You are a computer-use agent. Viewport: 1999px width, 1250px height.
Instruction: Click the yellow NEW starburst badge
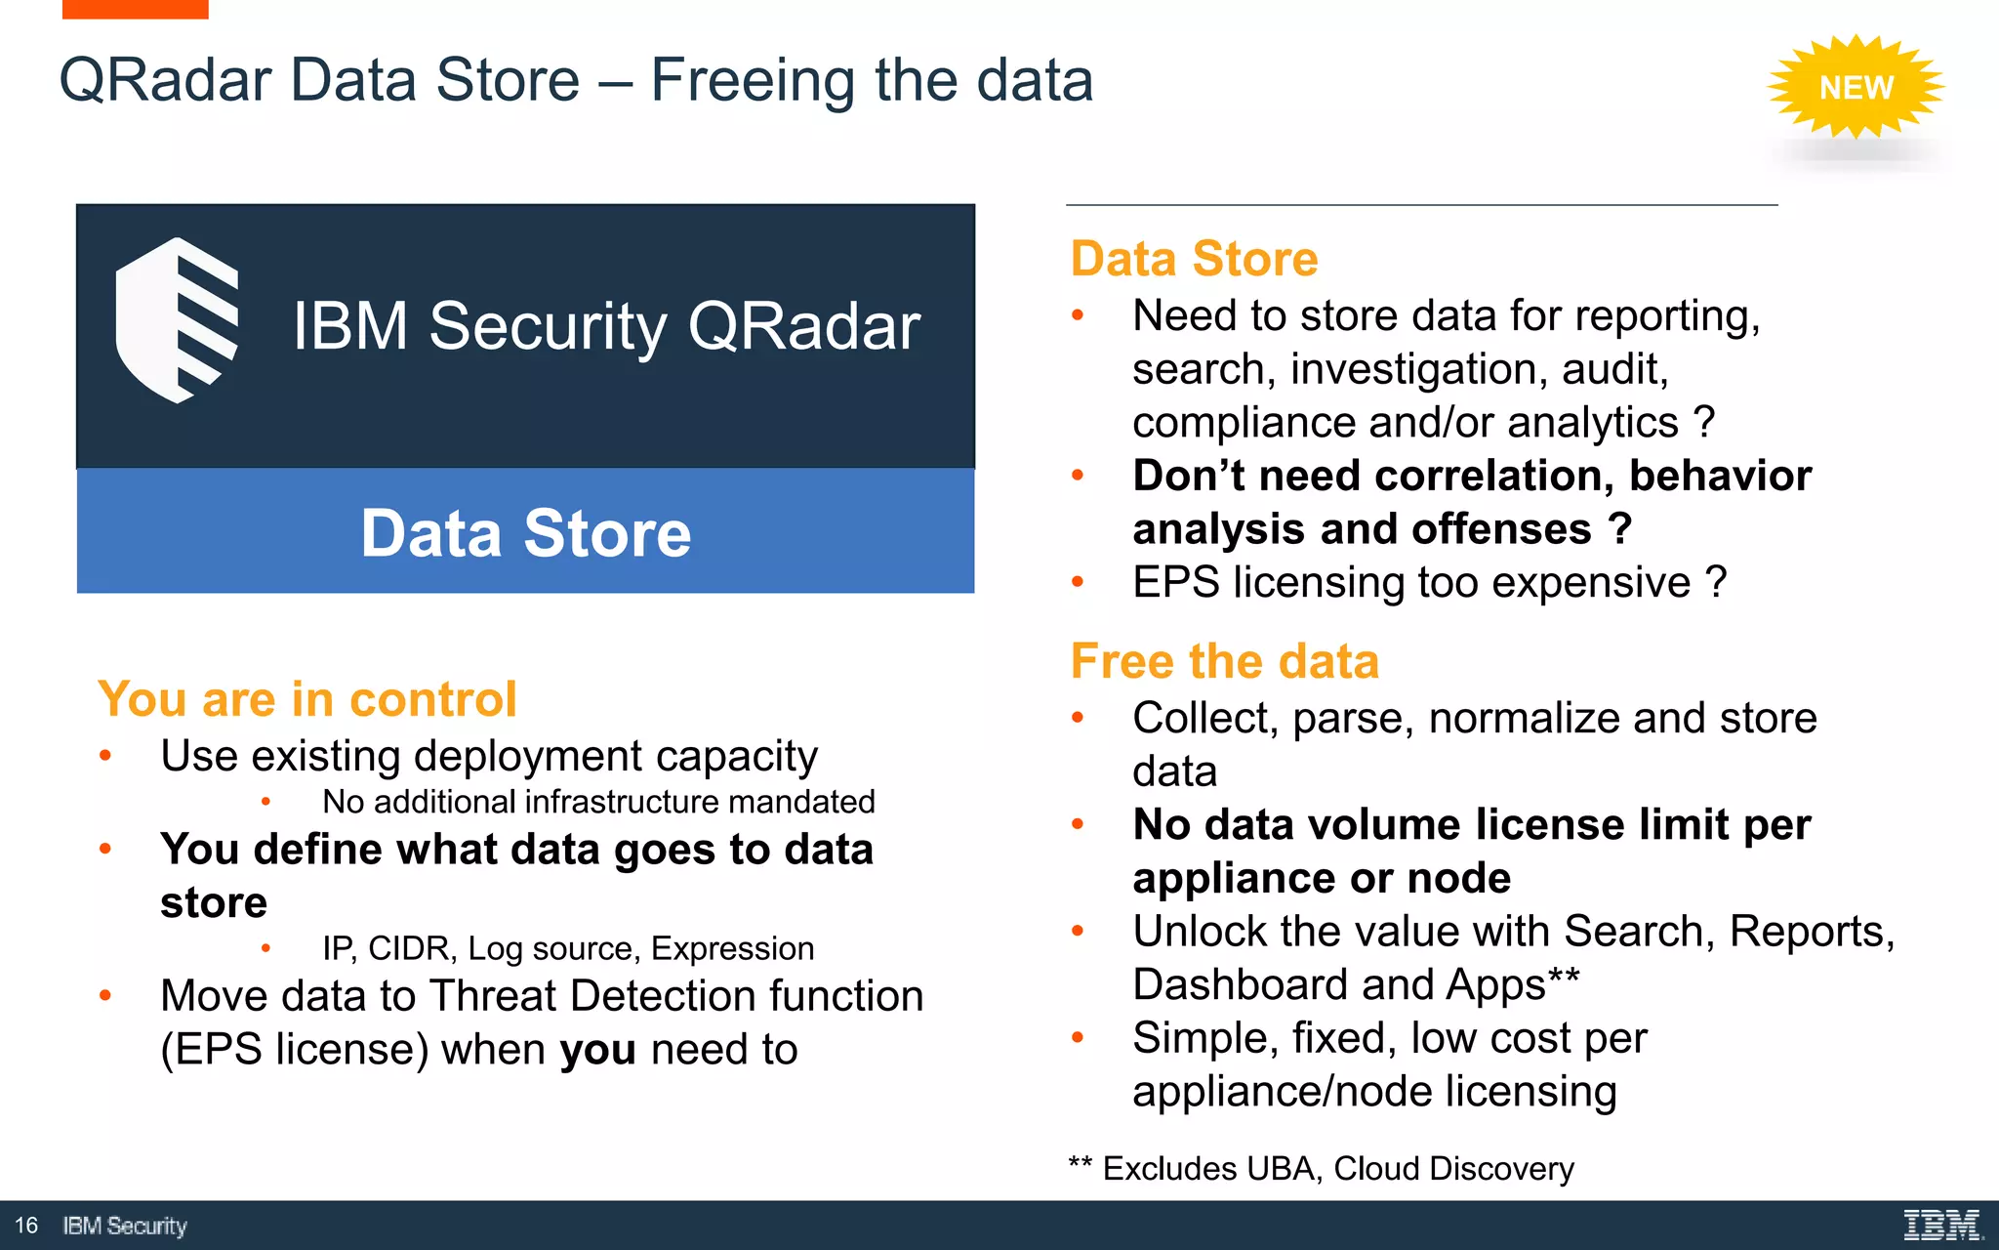click(1856, 87)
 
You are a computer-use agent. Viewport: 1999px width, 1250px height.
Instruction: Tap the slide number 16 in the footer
click(26, 1225)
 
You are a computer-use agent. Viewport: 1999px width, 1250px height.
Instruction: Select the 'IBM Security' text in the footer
click(125, 1226)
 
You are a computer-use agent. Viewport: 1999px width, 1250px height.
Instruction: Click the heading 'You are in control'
click(306, 699)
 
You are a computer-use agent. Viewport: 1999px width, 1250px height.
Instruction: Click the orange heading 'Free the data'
click(1224, 661)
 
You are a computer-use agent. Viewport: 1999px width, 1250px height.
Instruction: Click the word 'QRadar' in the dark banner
click(803, 326)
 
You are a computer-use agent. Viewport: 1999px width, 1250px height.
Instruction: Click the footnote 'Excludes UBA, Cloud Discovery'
click(1337, 1168)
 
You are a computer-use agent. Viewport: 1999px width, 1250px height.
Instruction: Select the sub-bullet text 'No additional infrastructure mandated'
click(598, 802)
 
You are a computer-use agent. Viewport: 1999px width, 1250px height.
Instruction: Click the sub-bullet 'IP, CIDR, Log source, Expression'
click(568, 948)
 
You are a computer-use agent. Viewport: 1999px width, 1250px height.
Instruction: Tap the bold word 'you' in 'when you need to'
click(597, 1050)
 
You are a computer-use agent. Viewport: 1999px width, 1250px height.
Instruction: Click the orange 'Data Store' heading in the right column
click(1194, 259)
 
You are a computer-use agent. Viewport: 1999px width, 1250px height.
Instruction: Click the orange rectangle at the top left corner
click(135, 9)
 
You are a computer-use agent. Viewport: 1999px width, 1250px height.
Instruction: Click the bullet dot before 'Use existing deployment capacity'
click(105, 756)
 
